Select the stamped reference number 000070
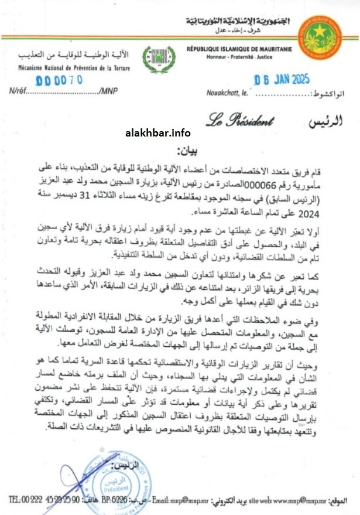[59, 80]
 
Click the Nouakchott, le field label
[228, 92]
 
